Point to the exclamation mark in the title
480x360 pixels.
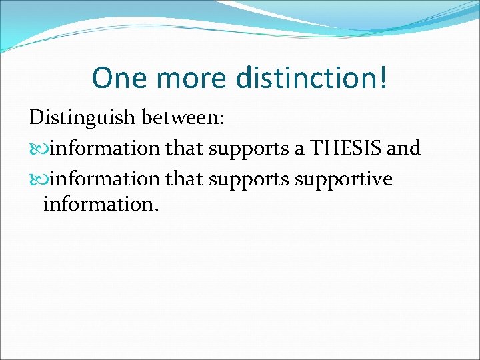pos(382,78)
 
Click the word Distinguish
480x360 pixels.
pos(80,119)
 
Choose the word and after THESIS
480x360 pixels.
pos(404,149)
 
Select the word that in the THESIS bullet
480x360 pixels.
pos(185,149)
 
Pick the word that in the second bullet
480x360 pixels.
pos(185,179)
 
